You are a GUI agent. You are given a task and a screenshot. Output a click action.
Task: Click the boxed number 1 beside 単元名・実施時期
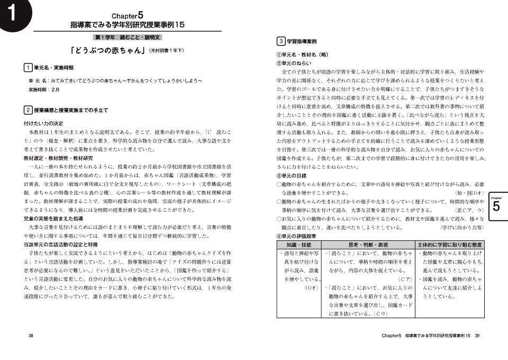point(28,68)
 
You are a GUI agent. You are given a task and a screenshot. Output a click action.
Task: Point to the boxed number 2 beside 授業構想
point(28,110)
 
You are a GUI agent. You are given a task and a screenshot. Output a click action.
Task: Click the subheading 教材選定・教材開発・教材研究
point(58,158)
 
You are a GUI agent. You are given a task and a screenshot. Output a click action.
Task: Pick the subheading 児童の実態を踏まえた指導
point(53,218)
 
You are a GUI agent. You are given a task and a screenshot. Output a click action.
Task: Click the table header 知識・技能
point(298,245)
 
